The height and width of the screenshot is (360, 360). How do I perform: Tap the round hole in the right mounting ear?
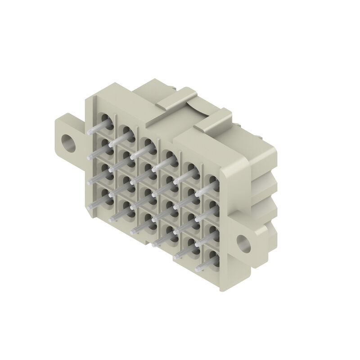pos(244,243)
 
